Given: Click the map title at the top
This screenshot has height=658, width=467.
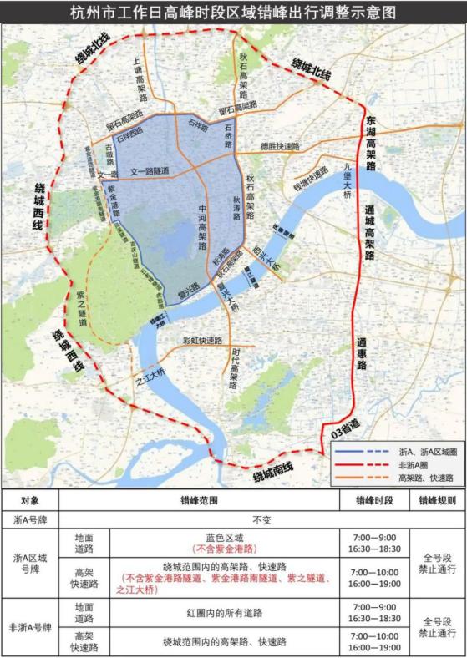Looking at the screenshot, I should pos(233,13).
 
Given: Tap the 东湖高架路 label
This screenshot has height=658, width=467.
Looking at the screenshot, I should pos(370,144).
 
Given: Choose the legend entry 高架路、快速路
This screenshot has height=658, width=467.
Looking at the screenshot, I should pos(427,477).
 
